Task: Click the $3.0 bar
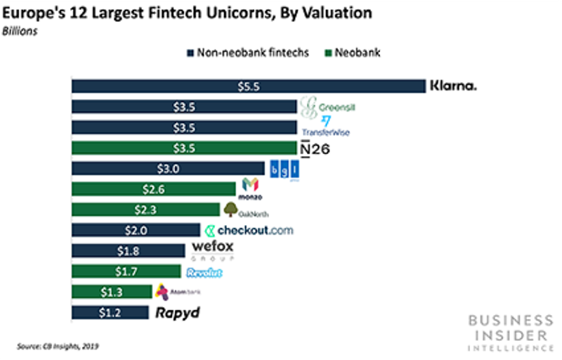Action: [x=168, y=169]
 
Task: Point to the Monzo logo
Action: [x=250, y=189]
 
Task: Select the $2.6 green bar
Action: [x=153, y=189]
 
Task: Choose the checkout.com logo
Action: [x=248, y=230]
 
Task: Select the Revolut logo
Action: [x=204, y=271]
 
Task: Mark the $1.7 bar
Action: [x=126, y=271]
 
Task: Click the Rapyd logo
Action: [x=177, y=313]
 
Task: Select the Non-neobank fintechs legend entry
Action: [x=247, y=53]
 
